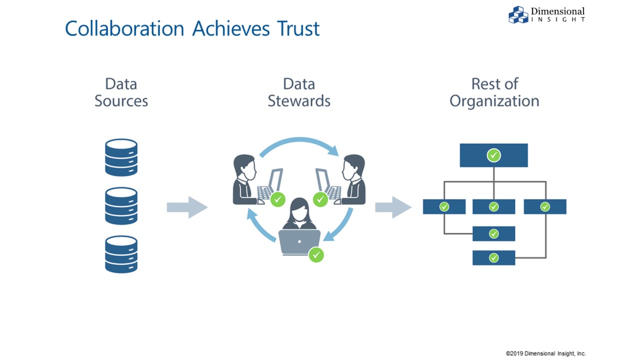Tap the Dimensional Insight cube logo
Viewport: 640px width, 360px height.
click(518, 14)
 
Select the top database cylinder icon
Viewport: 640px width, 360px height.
click(121, 157)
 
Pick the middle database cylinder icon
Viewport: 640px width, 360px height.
click(121, 205)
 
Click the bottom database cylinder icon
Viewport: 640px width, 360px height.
click(121, 254)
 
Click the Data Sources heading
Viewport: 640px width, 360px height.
click(121, 92)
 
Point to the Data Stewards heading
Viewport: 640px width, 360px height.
click(299, 92)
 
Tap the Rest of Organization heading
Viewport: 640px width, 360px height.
click(494, 92)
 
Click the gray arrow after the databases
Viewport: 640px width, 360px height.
click(187, 207)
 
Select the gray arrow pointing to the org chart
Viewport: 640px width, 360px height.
click(393, 207)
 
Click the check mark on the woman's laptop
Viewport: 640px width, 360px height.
click(316, 255)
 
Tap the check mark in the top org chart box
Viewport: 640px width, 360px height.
click(494, 155)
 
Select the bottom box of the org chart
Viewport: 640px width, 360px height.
click(494, 258)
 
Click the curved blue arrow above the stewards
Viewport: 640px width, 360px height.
click(299, 144)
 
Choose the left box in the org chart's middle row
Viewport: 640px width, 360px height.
click(444, 206)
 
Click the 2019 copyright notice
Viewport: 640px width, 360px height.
click(545, 353)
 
